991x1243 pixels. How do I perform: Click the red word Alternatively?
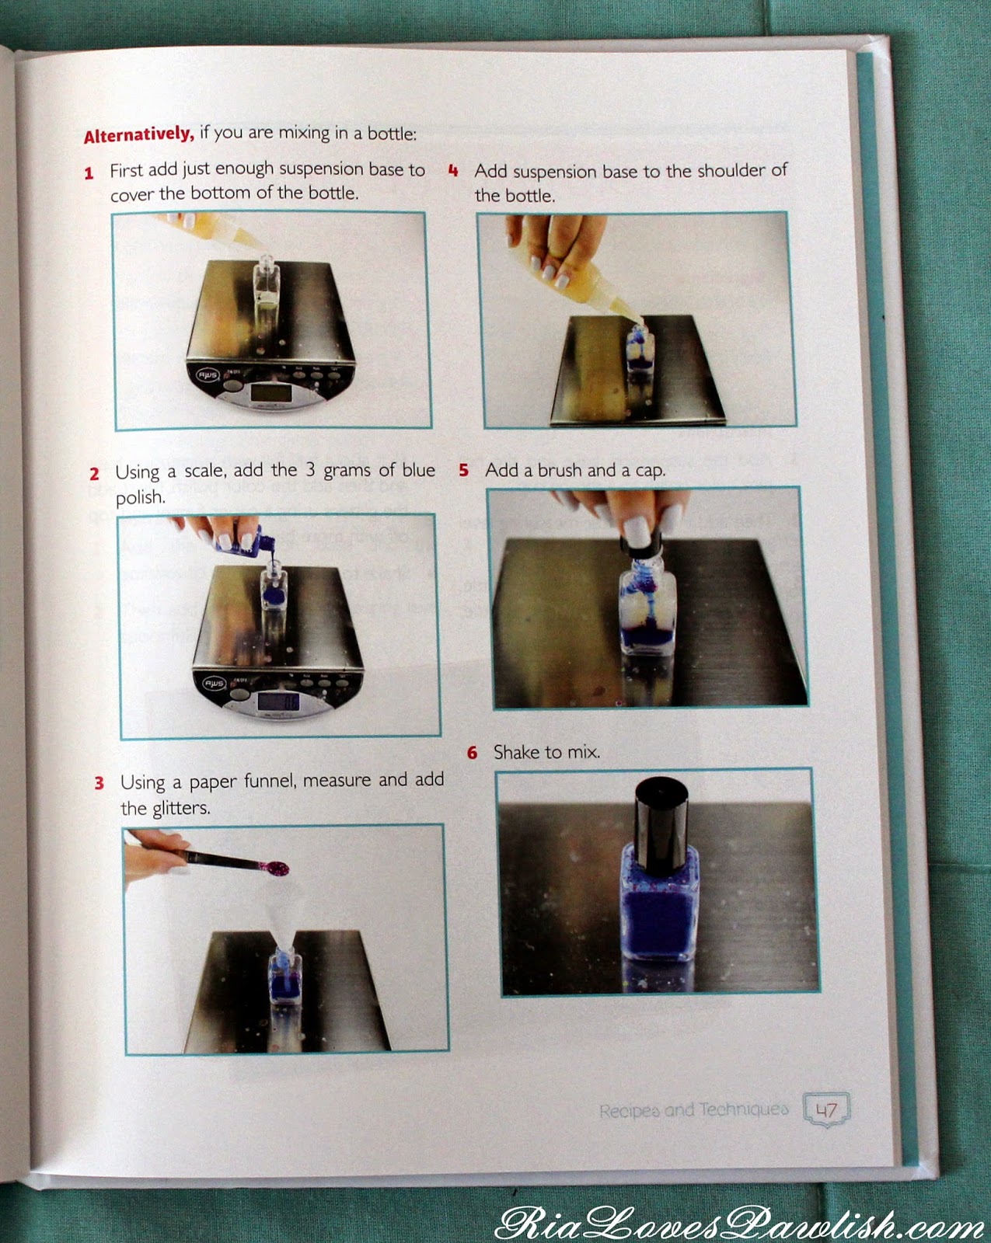click(138, 134)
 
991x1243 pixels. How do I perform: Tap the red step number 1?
click(89, 173)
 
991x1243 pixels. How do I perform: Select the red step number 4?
click(454, 171)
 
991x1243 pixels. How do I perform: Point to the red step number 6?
click(472, 753)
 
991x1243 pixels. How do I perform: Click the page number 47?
click(826, 1109)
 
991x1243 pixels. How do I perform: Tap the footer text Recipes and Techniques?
click(693, 1110)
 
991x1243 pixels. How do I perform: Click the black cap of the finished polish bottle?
click(661, 823)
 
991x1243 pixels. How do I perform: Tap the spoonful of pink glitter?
click(274, 866)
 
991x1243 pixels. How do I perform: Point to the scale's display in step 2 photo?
click(278, 702)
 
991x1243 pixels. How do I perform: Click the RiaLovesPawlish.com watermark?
click(741, 1220)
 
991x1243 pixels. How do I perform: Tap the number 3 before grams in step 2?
click(310, 469)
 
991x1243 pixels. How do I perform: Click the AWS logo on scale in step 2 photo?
click(211, 684)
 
